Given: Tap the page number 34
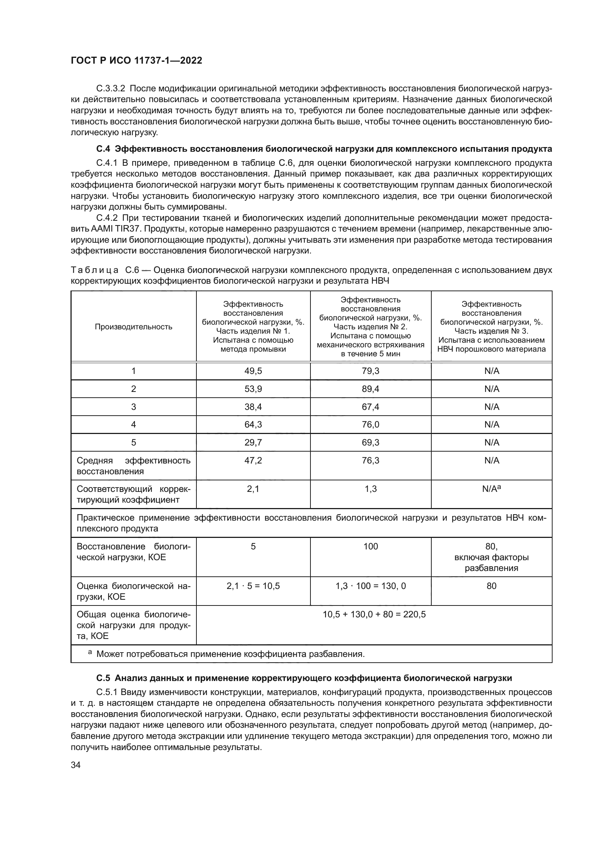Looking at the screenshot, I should click(x=76, y=765).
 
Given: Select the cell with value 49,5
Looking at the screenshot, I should click(x=253, y=371).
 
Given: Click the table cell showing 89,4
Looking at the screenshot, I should click(x=371, y=389).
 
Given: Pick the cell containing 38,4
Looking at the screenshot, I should click(x=253, y=407).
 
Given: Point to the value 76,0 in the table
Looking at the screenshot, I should click(x=371, y=424).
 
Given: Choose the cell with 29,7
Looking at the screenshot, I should click(x=253, y=443).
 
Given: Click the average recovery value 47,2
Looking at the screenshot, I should click(x=253, y=461).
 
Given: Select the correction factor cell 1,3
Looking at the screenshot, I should click(x=371, y=489).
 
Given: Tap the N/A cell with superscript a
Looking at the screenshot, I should click(x=491, y=489).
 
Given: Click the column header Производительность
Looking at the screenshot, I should click(x=133, y=327).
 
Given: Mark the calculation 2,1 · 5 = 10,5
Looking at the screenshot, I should click(x=253, y=586).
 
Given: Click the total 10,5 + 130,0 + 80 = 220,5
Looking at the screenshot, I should click(x=374, y=614).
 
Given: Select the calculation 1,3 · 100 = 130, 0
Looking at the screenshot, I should click(x=371, y=586).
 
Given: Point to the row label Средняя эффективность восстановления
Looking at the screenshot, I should click(x=133, y=466).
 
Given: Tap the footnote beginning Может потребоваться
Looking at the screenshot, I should click(x=230, y=654).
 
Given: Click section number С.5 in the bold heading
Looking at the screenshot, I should click(x=103, y=678).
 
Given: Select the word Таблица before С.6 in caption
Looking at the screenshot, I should click(x=95, y=270).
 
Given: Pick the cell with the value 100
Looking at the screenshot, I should click(x=371, y=547).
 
